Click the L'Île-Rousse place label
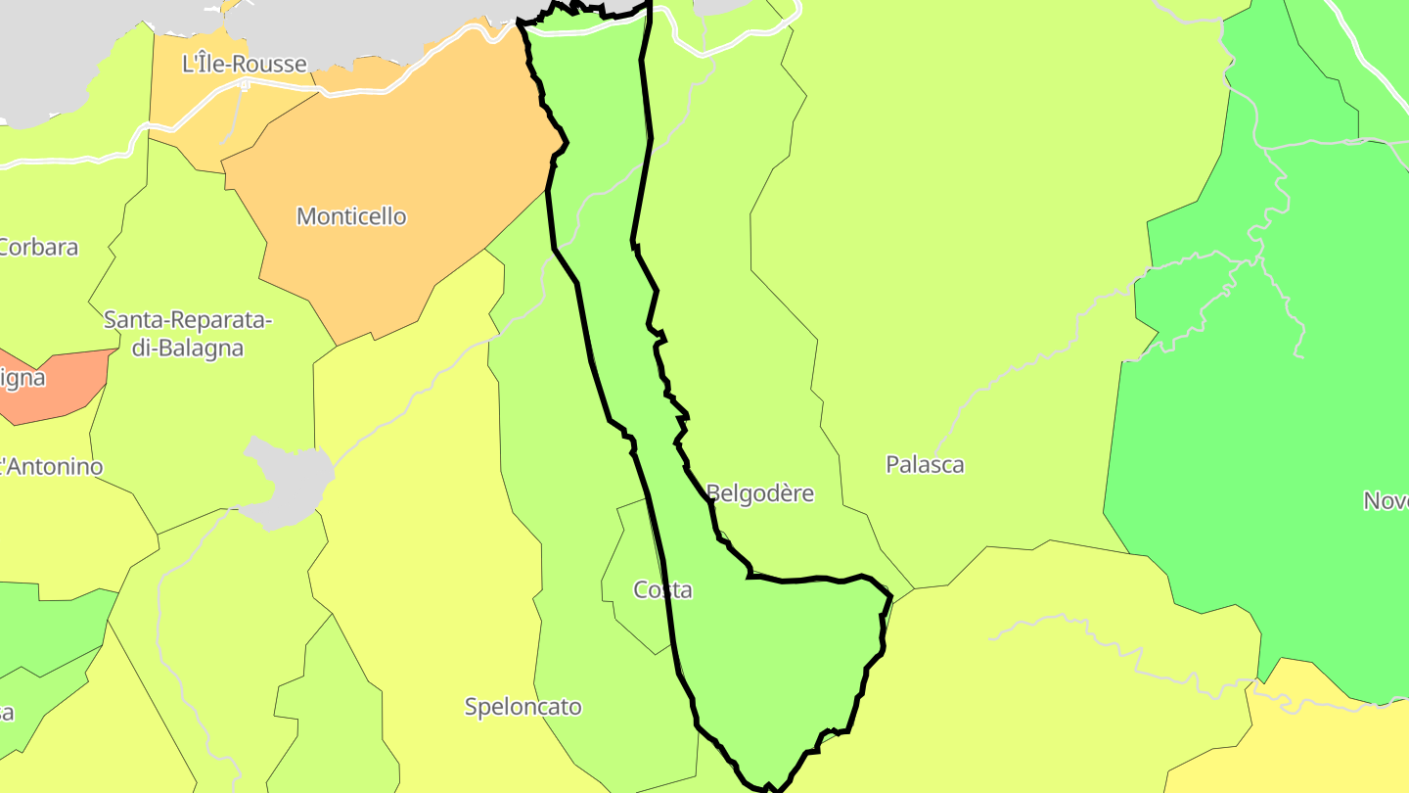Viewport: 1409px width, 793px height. point(245,65)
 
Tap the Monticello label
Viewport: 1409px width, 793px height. point(351,216)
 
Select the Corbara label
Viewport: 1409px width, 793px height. point(38,247)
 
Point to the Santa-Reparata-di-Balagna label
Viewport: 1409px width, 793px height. point(188,333)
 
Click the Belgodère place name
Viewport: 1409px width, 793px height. point(760,493)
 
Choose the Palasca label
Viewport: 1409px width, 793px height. point(925,465)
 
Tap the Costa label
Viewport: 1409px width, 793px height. point(662,590)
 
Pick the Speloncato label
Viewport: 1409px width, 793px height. point(523,707)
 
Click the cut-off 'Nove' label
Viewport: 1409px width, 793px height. point(1386,501)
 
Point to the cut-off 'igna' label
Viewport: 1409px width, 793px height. point(23,377)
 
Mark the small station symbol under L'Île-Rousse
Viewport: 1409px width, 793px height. point(244,85)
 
